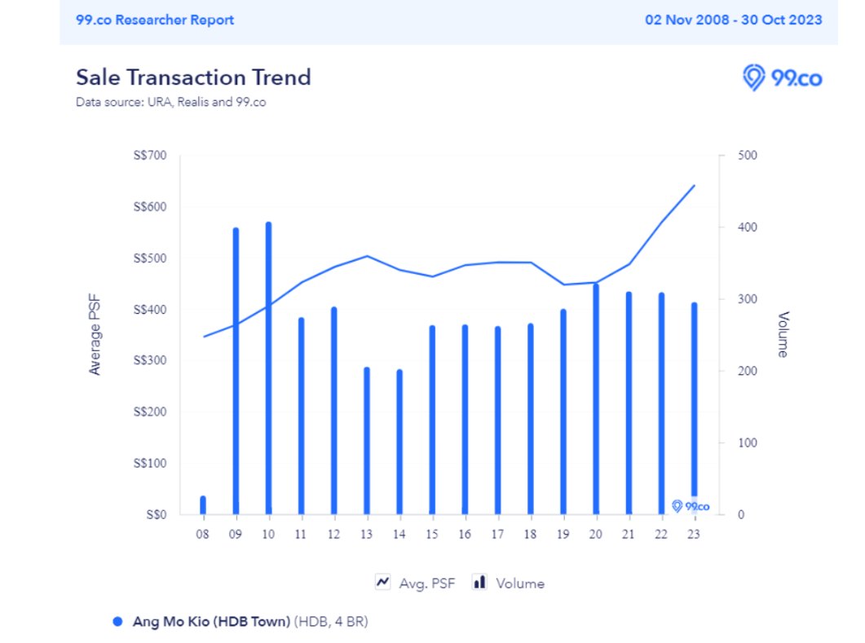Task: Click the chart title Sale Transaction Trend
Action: click(x=193, y=77)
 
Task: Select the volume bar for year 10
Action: click(x=268, y=367)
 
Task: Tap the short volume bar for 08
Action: click(x=203, y=504)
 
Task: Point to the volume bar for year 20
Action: click(x=596, y=399)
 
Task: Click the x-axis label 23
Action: click(x=694, y=535)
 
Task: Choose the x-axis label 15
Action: click(x=432, y=535)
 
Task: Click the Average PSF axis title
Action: click(x=95, y=335)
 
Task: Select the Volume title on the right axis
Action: click(x=783, y=334)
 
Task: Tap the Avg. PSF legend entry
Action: click(x=415, y=583)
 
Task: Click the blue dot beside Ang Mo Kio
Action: click(x=117, y=622)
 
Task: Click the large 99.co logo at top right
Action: click(x=782, y=78)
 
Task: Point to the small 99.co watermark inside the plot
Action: click(x=691, y=506)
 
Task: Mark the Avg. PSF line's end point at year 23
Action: click(x=694, y=186)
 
